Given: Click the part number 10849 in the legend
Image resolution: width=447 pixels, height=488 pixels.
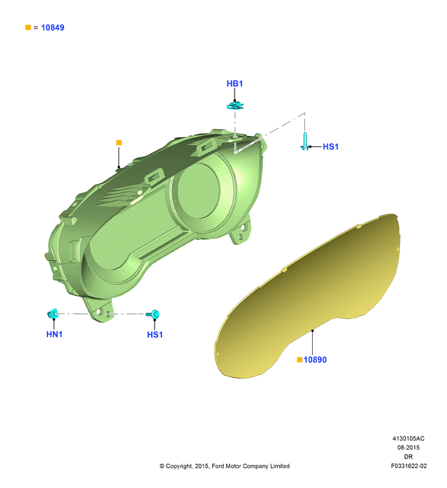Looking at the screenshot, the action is point(52,28).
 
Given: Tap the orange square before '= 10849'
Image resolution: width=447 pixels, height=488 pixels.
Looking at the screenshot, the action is point(28,28).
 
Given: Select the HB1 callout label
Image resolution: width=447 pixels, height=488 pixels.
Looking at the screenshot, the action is point(235,84).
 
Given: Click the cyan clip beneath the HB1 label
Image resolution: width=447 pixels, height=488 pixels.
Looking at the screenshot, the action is point(235,106).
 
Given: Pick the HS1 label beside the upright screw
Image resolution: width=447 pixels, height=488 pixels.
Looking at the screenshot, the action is point(330,147).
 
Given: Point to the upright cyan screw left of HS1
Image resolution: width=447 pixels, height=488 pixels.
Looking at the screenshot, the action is point(305,141).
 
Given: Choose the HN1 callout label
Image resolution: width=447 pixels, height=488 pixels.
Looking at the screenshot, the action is point(54,334).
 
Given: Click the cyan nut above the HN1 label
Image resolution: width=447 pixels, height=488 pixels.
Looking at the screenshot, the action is point(52,313).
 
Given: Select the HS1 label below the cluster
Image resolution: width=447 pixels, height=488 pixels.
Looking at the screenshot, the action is point(155,335).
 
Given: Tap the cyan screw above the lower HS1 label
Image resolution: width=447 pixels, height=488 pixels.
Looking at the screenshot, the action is point(153,314).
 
